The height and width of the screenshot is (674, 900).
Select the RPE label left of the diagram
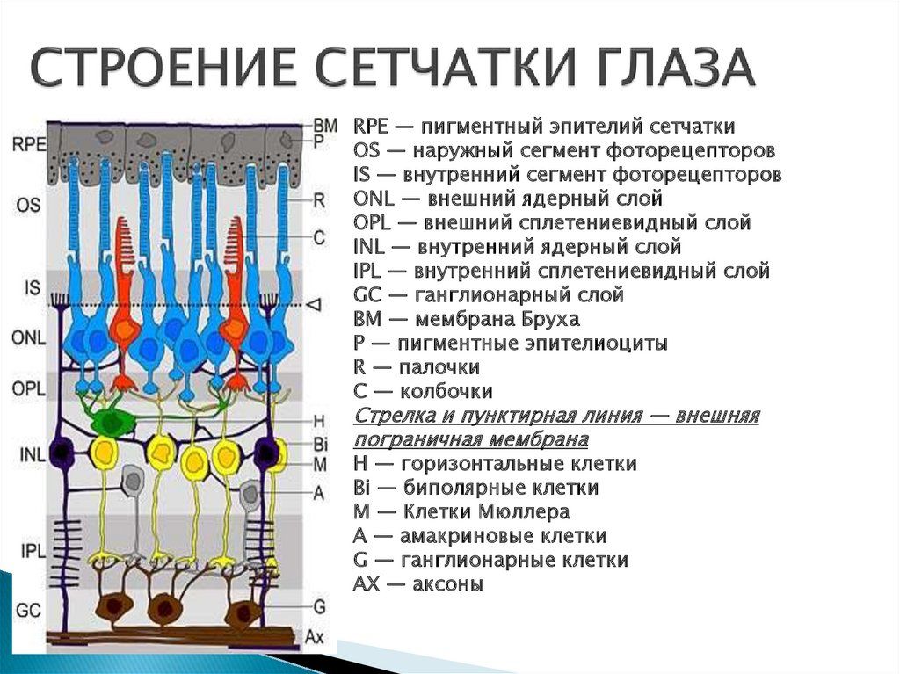tap(29, 146)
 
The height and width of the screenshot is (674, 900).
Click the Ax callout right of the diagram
tap(315, 634)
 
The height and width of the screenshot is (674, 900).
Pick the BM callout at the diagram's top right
tap(324, 126)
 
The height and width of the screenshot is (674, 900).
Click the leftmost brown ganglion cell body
tap(113, 606)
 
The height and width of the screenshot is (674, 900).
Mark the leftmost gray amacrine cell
tap(133, 480)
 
